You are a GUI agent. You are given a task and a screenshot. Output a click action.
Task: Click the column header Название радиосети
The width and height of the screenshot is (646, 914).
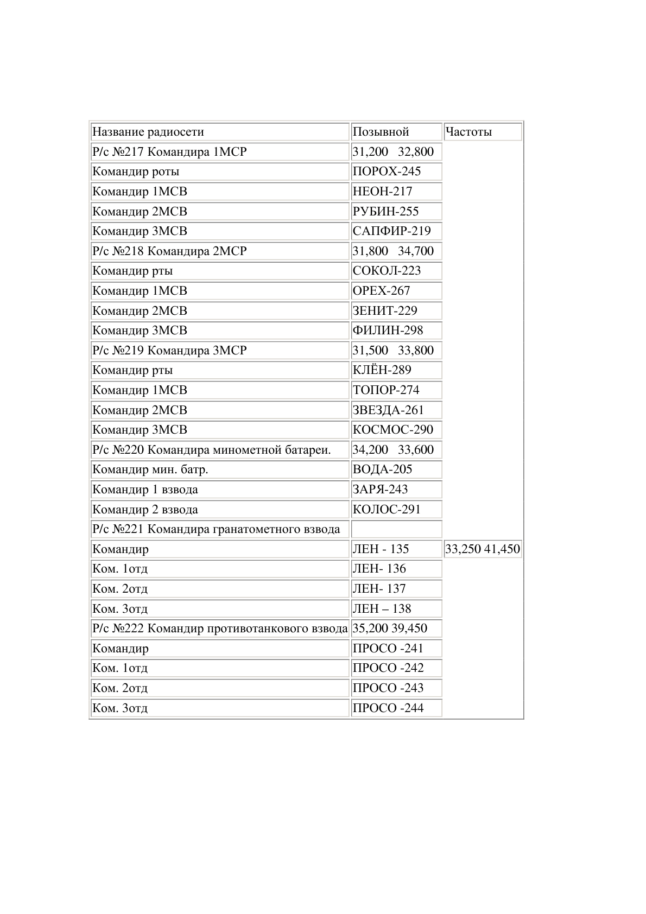click(148, 132)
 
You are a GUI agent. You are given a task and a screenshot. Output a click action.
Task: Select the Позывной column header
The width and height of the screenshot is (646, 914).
click(381, 132)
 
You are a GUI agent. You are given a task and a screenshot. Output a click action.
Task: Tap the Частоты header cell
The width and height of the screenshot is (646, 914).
click(468, 132)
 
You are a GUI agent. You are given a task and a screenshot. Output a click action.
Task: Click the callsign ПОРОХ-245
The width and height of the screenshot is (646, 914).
click(387, 172)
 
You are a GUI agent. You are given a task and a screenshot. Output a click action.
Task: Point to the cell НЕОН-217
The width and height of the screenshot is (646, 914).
click(382, 192)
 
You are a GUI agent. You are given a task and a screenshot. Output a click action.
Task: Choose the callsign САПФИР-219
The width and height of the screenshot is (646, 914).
click(391, 231)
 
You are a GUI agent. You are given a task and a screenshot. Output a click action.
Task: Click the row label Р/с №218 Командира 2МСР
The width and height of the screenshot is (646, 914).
click(169, 251)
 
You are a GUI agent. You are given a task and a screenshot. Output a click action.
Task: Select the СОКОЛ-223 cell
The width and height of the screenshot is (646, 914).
click(387, 271)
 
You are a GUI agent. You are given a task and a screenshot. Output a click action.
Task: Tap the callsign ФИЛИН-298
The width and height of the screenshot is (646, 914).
click(388, 331)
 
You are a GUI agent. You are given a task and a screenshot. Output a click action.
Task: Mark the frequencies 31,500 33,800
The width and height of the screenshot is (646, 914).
click(393, 351)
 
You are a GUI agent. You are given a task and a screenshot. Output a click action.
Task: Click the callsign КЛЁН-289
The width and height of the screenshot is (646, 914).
click(382, 370)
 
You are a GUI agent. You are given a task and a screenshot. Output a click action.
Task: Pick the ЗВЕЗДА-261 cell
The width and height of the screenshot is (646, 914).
click(388, 410)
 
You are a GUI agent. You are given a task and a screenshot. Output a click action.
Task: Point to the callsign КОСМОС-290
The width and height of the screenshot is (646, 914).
click(392, 430)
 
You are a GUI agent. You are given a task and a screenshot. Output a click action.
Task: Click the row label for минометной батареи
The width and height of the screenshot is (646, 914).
click(212, 450)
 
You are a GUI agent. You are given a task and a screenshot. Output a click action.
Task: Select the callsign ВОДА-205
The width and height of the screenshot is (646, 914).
click(382, 469)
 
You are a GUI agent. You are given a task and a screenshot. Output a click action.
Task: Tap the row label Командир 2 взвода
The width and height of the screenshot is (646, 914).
click(145, 510)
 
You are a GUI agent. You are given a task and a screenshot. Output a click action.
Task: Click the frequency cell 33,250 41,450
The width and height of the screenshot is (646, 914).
click(482, 549)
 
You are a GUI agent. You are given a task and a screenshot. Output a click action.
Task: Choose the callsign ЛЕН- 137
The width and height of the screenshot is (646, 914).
click(379, 589)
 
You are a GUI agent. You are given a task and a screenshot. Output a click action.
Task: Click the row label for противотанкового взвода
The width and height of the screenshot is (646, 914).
click(220, 629)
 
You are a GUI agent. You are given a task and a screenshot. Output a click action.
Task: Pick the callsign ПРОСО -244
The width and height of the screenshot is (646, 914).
click(388, 708)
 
